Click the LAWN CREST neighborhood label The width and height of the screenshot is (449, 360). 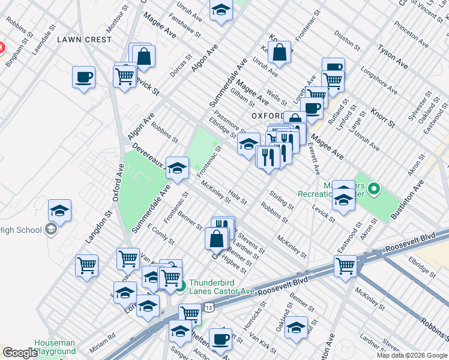click(84, 40)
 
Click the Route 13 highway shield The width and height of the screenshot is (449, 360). click(208, 307)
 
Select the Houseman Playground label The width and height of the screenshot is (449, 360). click(55, 347)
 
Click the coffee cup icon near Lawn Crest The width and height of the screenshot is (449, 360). click(83, 77)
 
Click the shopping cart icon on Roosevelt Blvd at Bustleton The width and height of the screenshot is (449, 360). click(346, 266)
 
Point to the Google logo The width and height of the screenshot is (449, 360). click(20, 353)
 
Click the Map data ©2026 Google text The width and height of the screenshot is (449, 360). click(412, 355)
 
